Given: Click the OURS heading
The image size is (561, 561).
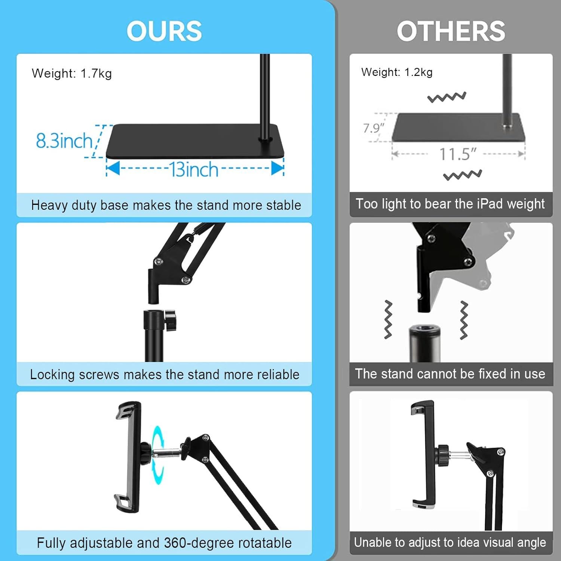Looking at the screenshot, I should point(164,31).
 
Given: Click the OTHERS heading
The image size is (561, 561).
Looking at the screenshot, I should point(451,31).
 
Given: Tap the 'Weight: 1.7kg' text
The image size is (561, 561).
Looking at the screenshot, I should point(72,73).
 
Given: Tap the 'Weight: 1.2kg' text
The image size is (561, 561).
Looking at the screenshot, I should point(397,72).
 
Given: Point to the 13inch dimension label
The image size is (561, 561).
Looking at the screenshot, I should point(194,169).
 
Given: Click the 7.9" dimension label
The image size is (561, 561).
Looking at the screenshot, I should point(373,128).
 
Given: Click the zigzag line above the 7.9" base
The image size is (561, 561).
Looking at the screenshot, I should point(447,97).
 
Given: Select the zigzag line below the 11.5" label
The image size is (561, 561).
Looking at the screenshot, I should point(462,175).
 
